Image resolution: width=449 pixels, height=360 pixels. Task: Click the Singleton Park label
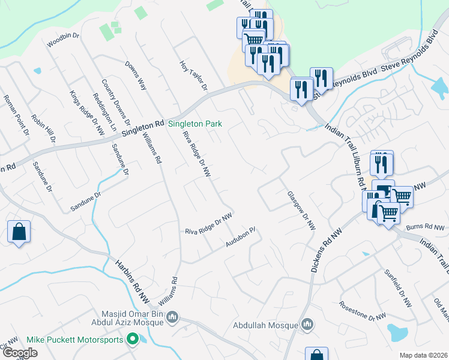click(x=194, y=124)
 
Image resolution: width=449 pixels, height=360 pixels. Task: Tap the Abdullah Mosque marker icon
click(x=307, y=325)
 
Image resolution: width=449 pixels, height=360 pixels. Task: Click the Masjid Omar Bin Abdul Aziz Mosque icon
click(x=172, y=316)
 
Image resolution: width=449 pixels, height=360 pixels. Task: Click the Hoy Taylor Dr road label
click(x=193, y=76)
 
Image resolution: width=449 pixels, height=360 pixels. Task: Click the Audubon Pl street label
click(x=241, y=237)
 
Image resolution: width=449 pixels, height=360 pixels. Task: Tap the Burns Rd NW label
click(x=426, y=227)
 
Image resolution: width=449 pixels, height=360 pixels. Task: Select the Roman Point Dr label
click(x=16, y=115)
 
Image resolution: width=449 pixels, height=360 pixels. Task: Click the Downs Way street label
click(x=136, y=75)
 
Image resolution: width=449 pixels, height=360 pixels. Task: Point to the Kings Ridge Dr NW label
click(x=83, y=112)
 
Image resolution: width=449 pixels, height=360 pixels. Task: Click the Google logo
click(x=20, y=353)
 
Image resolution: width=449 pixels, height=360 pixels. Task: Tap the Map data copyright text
click(x=423, y=355)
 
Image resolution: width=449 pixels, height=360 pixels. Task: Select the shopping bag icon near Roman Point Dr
click(x=19, y=231)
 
